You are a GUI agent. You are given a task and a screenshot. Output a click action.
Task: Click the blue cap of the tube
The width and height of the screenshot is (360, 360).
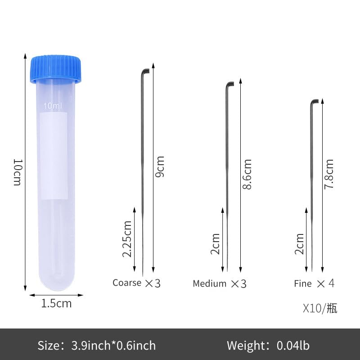56,68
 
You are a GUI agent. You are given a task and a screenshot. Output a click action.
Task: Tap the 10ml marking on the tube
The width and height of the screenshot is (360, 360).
53,106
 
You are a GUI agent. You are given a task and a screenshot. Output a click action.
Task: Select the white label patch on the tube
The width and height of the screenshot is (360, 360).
54,156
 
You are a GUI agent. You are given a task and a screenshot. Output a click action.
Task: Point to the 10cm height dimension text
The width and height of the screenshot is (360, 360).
18,172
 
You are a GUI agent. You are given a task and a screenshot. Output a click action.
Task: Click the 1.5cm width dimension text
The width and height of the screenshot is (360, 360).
57,303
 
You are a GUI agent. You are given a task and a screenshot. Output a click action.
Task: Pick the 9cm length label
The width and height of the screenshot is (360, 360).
160,166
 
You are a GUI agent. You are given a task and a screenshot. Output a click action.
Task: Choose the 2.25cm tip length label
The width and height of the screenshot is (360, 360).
127,239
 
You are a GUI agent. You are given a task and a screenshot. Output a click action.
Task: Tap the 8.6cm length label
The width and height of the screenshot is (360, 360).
247,174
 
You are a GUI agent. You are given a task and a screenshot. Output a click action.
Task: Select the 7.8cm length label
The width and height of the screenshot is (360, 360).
329,174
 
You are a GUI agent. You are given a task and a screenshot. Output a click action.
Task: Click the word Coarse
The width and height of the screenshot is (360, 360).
127,283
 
